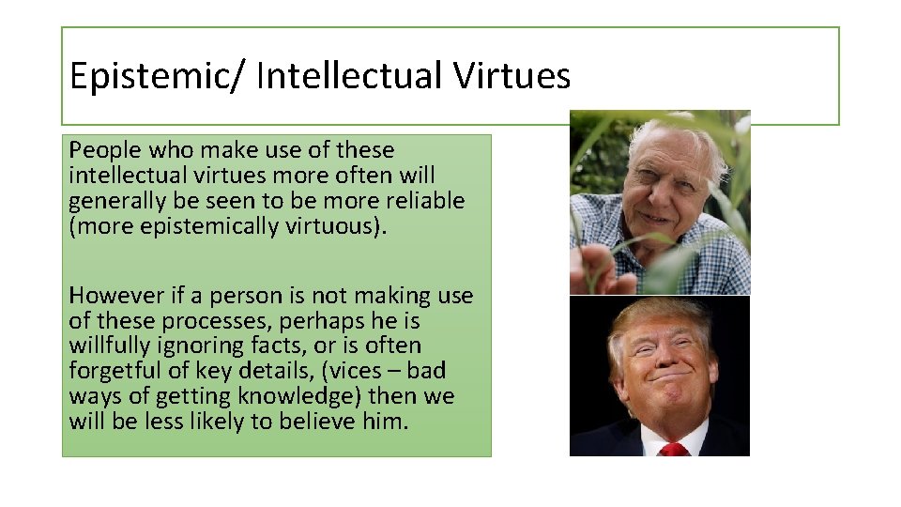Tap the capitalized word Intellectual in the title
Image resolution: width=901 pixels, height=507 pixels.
[x=349, y=76]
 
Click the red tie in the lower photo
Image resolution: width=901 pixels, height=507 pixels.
[x=673, y=449]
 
